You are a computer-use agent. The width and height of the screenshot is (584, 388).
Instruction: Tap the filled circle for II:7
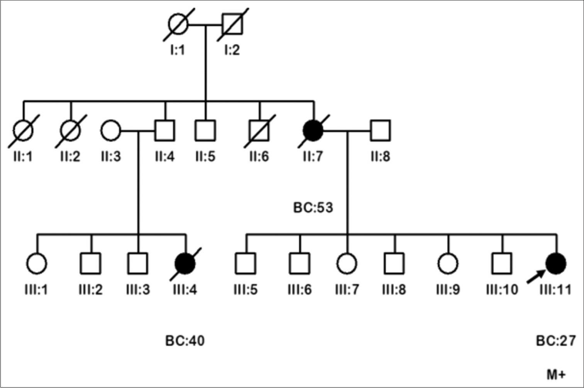click(x=313, y=130)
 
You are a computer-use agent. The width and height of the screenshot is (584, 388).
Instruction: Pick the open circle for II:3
click(x=111, y=130)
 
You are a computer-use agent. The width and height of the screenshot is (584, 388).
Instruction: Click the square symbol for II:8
click(x=380, y=130)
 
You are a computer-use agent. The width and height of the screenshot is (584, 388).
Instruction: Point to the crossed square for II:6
click(x=259, y=130)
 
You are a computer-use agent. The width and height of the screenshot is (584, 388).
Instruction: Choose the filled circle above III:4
click(x=185, y=263)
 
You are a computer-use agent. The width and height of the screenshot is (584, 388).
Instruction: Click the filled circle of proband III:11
click(x=556, y=263)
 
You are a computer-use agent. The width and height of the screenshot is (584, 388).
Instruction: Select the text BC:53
click(x=313, y=207)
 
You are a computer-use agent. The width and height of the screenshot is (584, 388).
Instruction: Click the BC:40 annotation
click(x=185, y=341)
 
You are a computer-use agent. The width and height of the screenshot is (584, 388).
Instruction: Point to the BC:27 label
click(x=556, y=341)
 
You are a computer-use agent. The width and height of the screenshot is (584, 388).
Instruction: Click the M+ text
click(x=556, y=374)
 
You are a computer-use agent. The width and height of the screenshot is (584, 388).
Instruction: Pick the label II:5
click(x=205, y=157)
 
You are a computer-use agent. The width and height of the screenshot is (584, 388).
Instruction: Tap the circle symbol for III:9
click(x=448, y=263)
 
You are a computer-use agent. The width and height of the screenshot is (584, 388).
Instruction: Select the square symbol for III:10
click(x=502, y=263)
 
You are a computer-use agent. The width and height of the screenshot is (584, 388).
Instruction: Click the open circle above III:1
click(x=37, y=263)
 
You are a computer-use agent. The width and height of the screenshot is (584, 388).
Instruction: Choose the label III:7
click(x=347, y=289)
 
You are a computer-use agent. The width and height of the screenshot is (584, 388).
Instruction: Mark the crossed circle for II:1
click(x=23, y=130)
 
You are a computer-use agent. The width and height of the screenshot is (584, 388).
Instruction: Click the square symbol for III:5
click(x=245, y=263)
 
